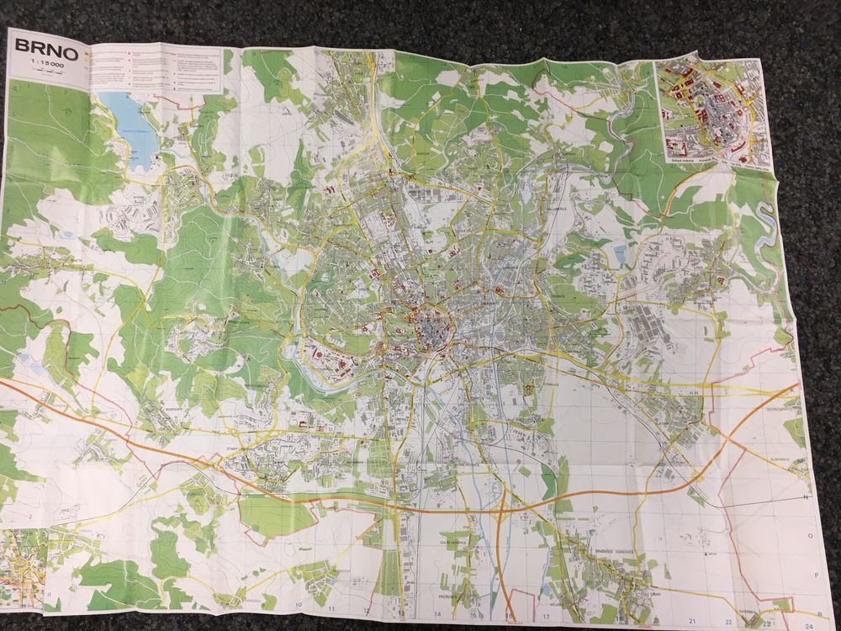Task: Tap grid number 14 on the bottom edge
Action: tap(437, 613)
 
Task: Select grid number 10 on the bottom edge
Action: tap(299, 605)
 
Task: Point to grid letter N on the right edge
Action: tap(805, 497)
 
